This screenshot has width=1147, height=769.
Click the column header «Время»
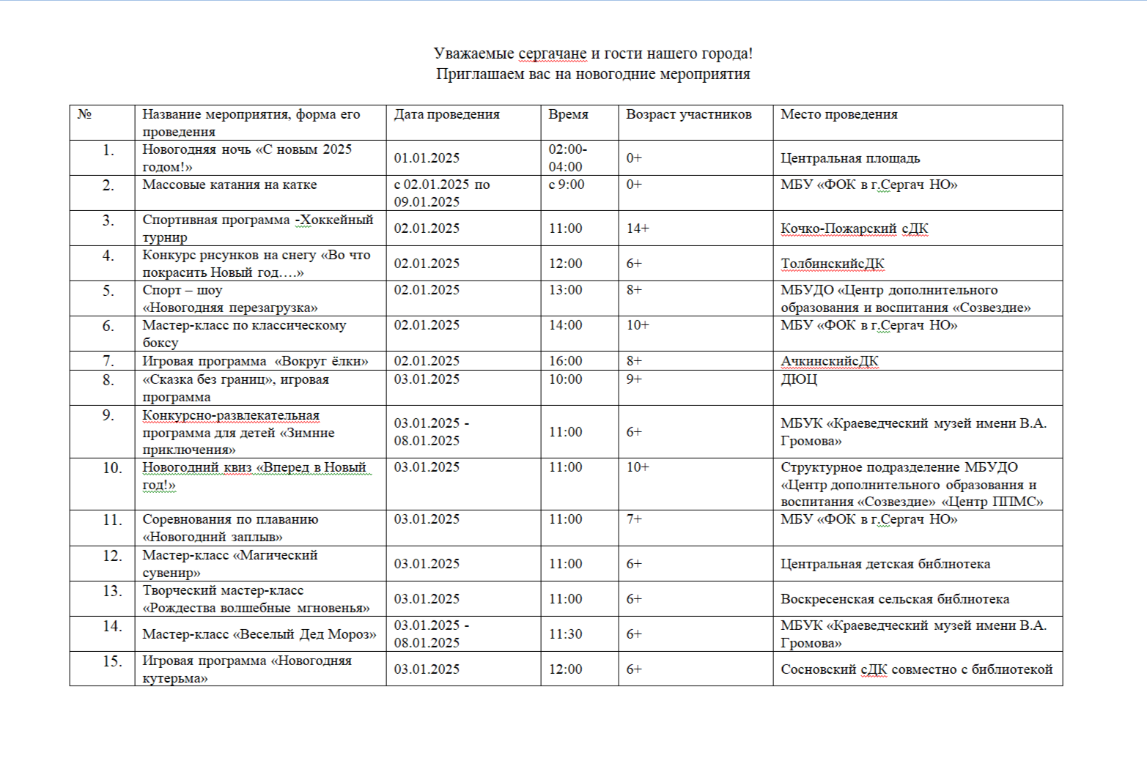568,114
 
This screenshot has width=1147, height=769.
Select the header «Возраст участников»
688,114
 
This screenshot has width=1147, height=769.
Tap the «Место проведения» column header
838,114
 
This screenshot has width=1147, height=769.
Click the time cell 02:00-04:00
567,158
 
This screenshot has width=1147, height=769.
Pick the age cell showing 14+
638,229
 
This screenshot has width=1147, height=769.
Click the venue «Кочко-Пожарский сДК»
854,229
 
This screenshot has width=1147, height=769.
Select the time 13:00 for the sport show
565,290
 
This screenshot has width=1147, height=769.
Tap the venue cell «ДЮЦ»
798,379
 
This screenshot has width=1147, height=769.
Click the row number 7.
108,361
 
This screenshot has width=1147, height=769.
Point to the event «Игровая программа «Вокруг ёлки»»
255,361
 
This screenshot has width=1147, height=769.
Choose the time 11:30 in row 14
565,634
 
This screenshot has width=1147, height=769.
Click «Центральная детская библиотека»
885,564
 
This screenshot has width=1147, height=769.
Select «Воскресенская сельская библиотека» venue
894,599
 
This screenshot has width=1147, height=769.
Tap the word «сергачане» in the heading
552,53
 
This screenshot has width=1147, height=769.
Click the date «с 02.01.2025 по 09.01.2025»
441,193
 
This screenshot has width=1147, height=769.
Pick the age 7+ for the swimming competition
634,519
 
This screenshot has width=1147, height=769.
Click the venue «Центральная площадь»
849,158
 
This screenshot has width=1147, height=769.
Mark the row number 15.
112,661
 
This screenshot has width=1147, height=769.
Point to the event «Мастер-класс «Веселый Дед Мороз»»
259,634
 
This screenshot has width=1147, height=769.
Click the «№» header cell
84,114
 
